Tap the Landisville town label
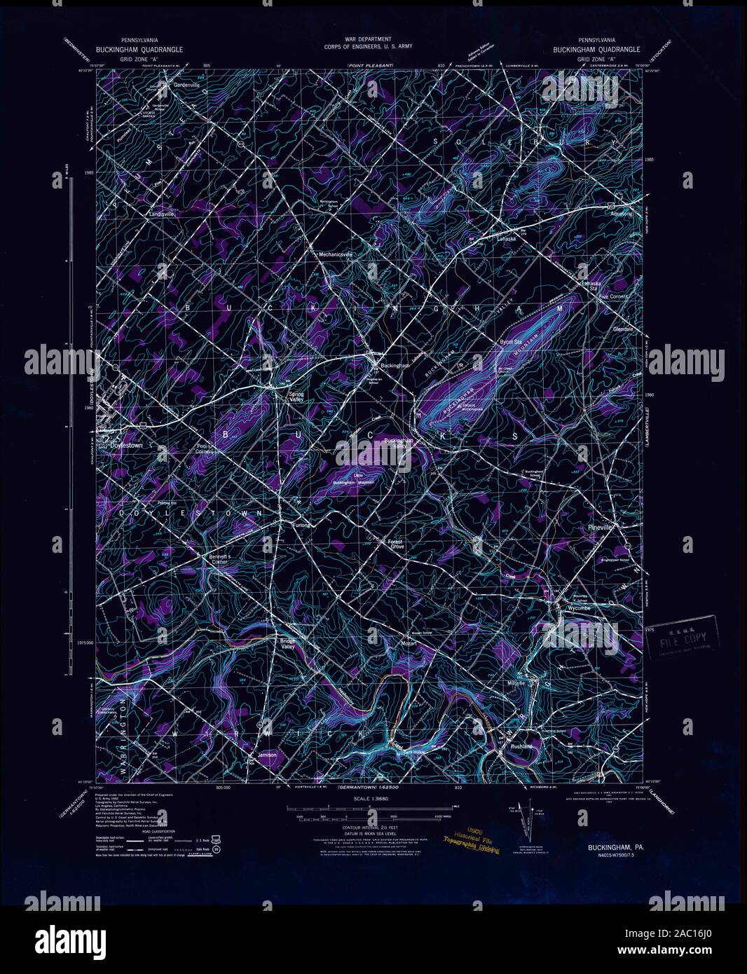(162, 213)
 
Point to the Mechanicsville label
(334, 254)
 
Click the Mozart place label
(409, 642)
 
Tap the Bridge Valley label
(288, 644)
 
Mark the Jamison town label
(268, 755)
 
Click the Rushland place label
(522, 747)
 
